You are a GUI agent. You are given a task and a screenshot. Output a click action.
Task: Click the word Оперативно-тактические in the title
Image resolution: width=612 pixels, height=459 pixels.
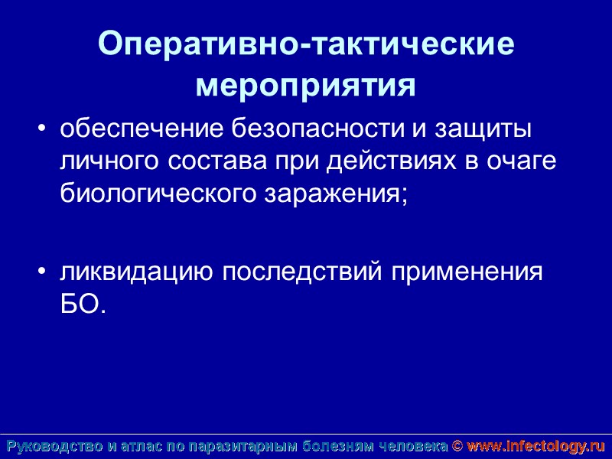[x=306, y=46]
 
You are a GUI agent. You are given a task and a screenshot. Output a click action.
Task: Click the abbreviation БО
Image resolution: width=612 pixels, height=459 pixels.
[x=76, y=305]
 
